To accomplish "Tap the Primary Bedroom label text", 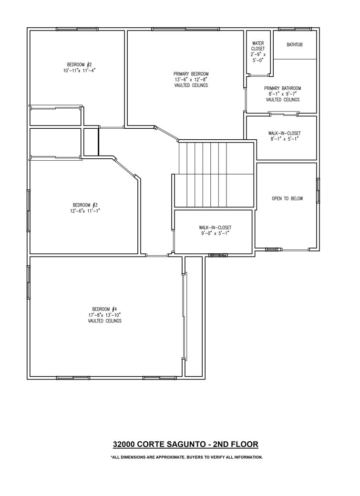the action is coord(191,74).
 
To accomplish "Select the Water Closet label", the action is coord(258,46).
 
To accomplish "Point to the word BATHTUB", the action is coord(295,45).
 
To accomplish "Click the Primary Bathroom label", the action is coord(282,88).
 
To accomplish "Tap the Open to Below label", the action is coord(287,199).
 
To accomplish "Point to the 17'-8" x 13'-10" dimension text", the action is coord(105,315).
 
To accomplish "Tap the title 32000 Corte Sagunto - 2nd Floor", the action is coord(185,444).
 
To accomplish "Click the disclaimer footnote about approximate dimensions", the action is coord(186,457).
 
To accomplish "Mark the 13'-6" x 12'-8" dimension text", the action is coord(191,80).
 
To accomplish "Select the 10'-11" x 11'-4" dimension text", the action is coord(79,71).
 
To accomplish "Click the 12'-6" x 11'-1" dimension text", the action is coord(85,211).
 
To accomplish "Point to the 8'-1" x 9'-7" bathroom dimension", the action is coord(282,94).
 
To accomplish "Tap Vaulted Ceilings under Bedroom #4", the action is coord(105,321).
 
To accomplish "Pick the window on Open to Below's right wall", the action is coord(318,190).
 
